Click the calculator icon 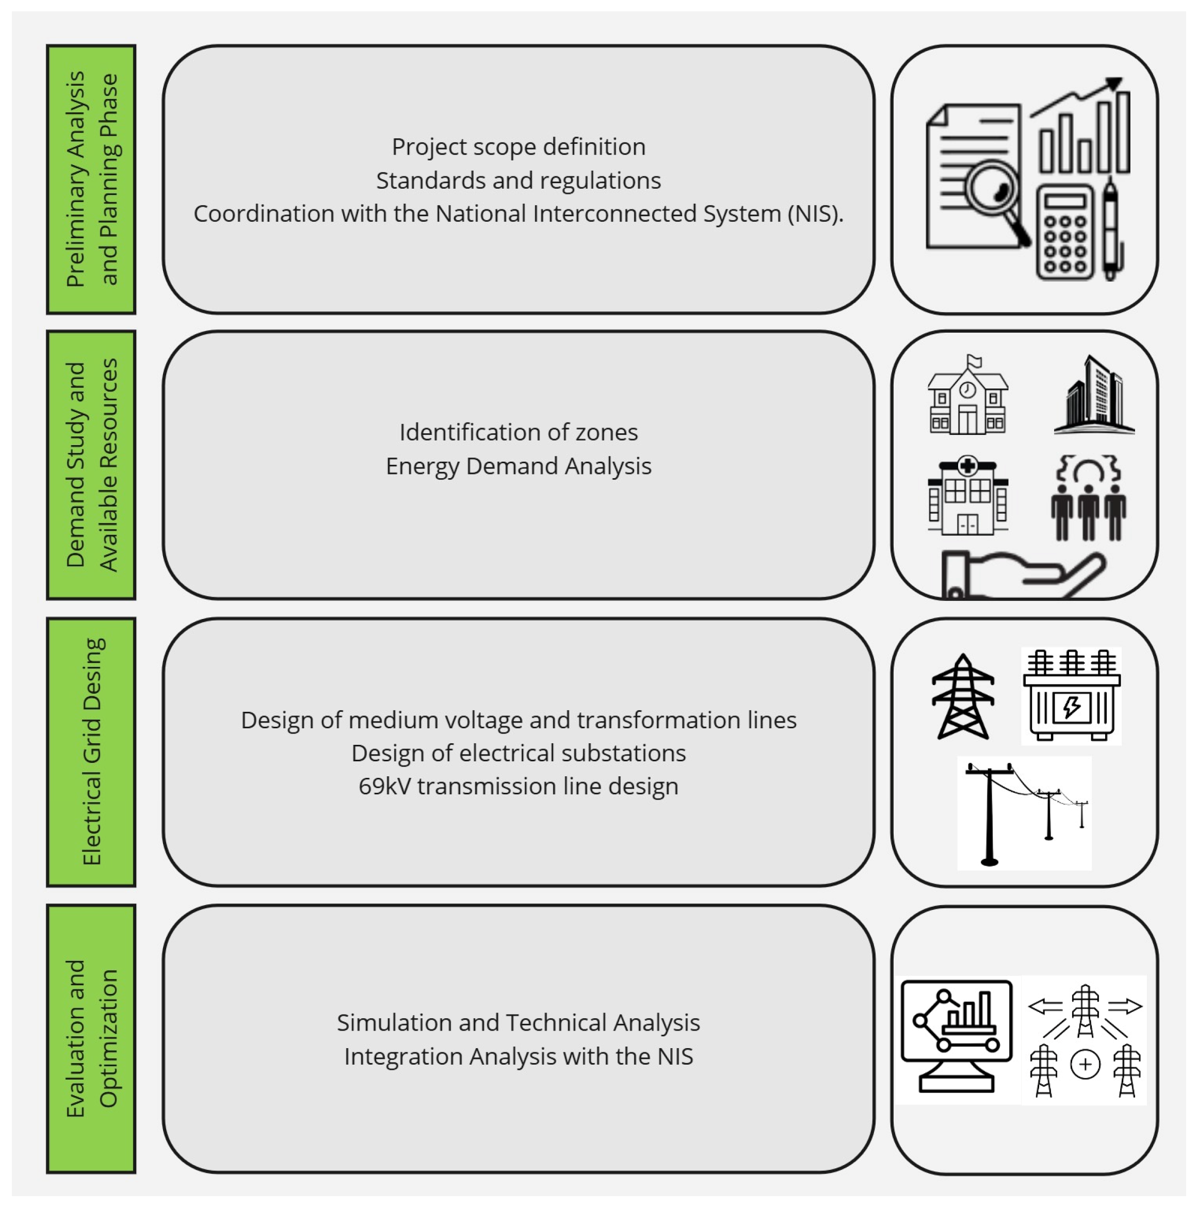pyautogui.click(x=1064, y=233)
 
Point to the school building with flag pyautogui.click(x=967, y=396)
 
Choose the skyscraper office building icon pyautogui.click(x=1094, y=396)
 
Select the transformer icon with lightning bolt pyautogui.click(x=1071, y=696)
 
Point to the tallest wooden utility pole pyautogui.click(x=990, y=813)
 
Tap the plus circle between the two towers pyautogui.click(x=1085, y=1065)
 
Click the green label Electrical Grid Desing pyautogui.click(x=91, y=752)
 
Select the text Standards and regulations pyautogui.click(x=519, y=181)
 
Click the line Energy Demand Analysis pyautogui.click(x=519, y=466)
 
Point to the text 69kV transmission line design pyautogui.click(x=519, y=787)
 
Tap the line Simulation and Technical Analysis pyautogui.click(x=519, y=1023)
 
